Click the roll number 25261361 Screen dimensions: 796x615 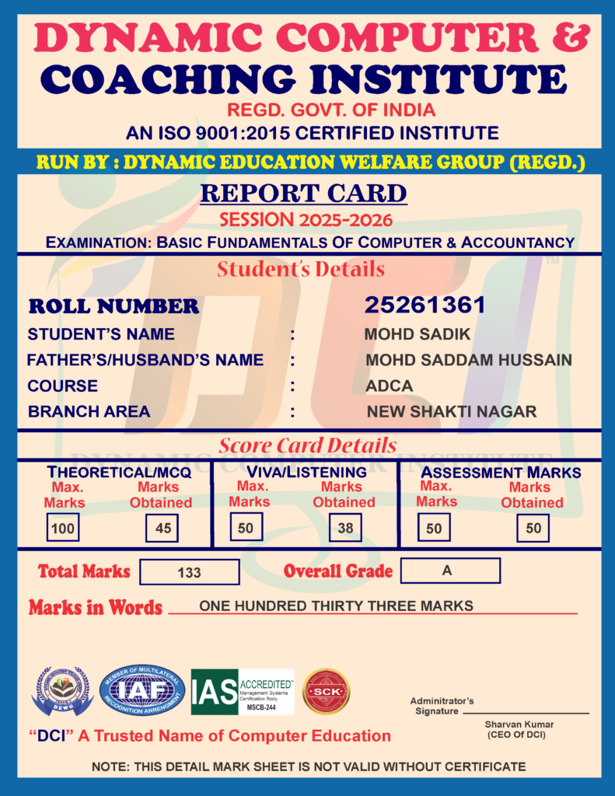(x=425, y=305)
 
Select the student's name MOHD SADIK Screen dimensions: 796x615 (x=418, y=335)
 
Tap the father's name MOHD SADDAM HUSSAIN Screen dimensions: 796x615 (x=469, y=360)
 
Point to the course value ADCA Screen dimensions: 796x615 (x=389, y=386)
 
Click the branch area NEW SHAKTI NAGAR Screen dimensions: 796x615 (x=452, y=411)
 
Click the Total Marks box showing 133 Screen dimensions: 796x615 (x=189, y=572)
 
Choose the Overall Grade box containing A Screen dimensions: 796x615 (x=450, y=571)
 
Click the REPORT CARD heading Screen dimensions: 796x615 (x=303, y=193)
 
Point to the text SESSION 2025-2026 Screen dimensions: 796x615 (x=306, y=219)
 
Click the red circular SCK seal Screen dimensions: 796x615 (x=326, y=691)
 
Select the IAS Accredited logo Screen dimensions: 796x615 (x=243, y=692)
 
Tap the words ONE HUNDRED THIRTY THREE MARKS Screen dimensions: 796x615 (x=336, y=606)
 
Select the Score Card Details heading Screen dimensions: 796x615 (x=307, y=446)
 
